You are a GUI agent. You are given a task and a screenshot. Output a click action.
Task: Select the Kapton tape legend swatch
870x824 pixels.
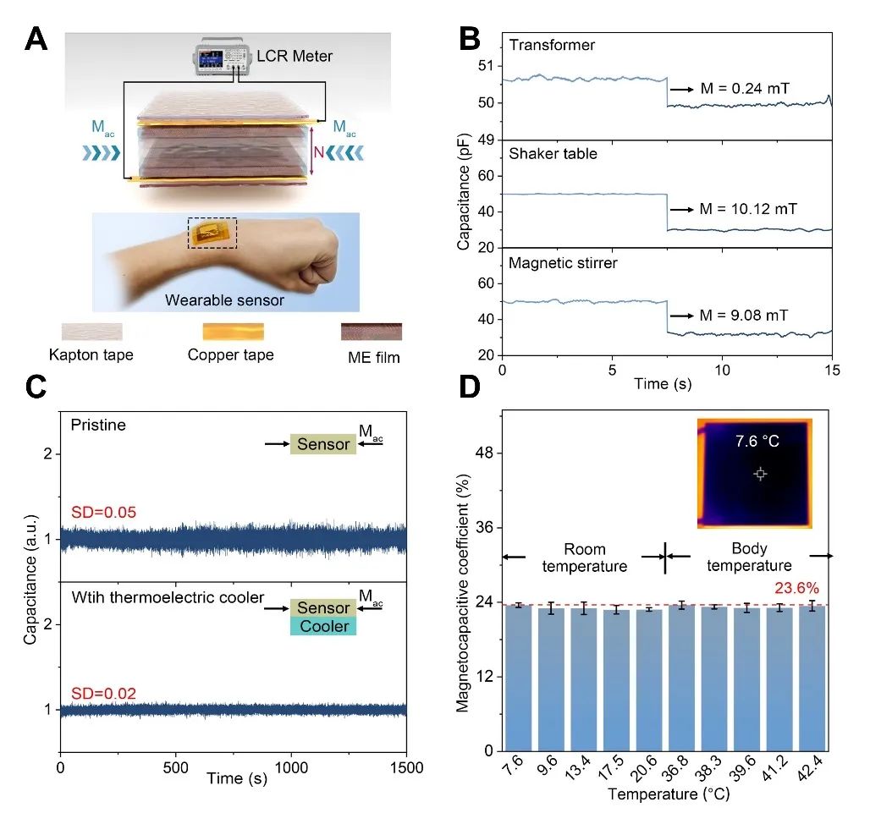pos(91,331)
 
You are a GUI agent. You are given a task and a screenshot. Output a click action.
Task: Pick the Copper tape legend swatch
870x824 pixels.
pos(230,331)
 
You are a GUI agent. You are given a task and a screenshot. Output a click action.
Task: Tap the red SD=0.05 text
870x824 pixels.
pos(101,512)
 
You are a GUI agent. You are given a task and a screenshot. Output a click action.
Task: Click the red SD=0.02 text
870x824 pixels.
pos(101,693)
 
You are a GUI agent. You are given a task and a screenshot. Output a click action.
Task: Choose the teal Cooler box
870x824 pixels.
pos(322,626)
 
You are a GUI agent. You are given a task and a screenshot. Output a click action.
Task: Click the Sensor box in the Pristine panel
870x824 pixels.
pos(322,443)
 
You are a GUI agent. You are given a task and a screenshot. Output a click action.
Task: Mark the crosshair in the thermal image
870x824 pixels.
pos(760,475)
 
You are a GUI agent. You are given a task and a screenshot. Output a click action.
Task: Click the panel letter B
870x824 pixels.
pos(470,38)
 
